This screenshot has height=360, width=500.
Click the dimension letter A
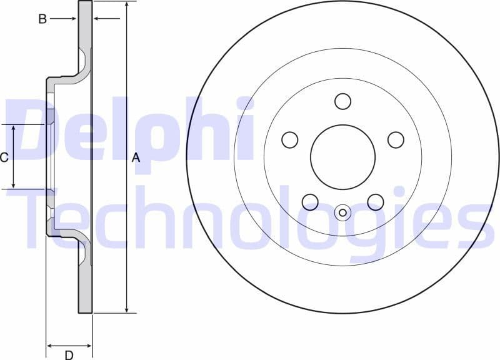point(136,159)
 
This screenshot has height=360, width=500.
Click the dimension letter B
point(42,19)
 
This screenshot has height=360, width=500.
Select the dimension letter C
point(4,157)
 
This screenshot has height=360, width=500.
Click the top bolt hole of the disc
point(342,101)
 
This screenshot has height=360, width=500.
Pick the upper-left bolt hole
point(290,140)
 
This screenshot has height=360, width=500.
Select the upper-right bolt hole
point(396,140)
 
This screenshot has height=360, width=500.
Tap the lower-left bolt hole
point(310,202)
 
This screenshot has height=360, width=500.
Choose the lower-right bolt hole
point(375,202)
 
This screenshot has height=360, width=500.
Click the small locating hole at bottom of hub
point(342,212)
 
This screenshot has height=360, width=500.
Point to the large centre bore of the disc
point(342,157)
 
